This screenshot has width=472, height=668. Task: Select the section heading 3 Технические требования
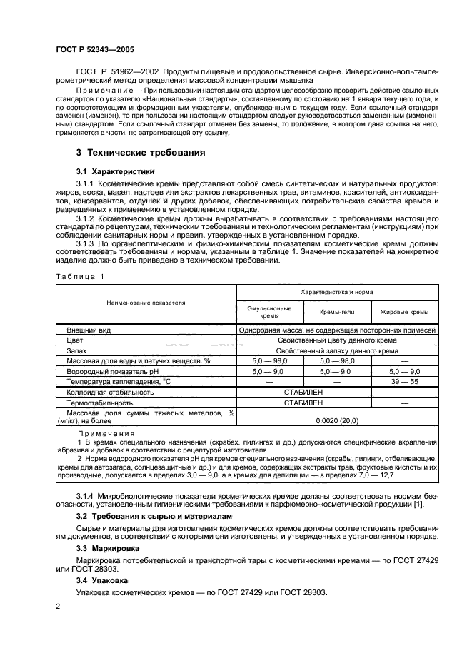click(141, 153)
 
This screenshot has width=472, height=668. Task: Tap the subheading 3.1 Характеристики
click(115, 171)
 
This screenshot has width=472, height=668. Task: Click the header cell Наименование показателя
click(146, 303)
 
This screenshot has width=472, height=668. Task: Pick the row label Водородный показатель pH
click(112, 371)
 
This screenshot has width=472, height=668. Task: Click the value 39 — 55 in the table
click(404, 382)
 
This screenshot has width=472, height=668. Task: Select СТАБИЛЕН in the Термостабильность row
click(303, 403)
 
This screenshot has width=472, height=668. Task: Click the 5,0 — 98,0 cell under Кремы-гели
click(336, 361)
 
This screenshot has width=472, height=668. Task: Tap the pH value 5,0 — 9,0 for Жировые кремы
click(404, 371)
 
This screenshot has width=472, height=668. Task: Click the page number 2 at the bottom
click(57, 606)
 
